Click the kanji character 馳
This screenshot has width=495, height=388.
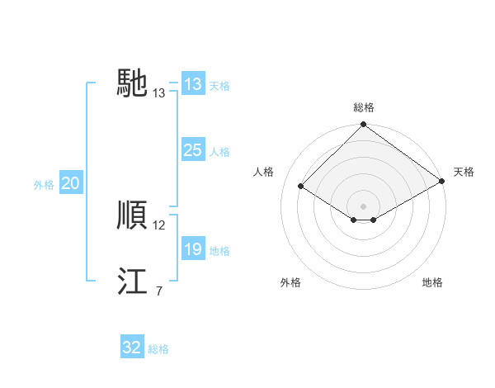pos(133,83)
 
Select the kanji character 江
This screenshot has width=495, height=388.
pos(133,282)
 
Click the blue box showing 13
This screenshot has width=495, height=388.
pos(192,84)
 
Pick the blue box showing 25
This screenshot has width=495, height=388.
pos(192,150)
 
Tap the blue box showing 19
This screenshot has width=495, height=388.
pos(192,249)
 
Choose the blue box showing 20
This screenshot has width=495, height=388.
pos(70,183)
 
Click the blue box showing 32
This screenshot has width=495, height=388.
pos(132,348)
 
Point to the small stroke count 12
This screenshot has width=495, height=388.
pos(159,225)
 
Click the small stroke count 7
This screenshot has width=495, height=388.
pos(158,291)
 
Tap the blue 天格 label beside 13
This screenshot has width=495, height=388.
pos(219,86)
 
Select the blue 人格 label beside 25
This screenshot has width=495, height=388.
pos(219,152)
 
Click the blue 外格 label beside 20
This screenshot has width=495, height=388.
pos(44,185)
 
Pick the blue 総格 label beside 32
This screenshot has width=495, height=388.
pos(158,349)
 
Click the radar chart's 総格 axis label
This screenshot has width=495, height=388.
pos(363,107)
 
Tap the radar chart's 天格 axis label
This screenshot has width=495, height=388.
pos(464,172)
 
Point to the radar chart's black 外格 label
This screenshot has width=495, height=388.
pos(290,282)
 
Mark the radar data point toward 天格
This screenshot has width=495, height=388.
pos(442,182)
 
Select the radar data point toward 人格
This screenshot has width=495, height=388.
pos(301,187)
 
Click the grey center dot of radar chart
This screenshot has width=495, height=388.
pos(363,206)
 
